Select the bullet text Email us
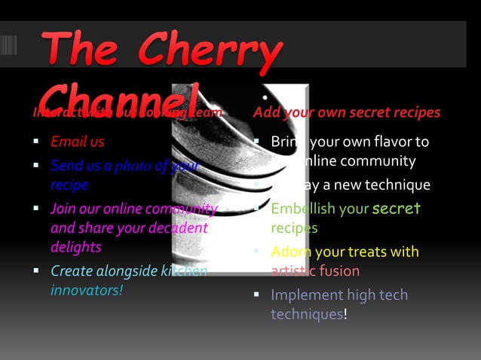pyautogui.click(x=78, y=142)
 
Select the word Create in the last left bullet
pyautogui.click(x=70, y=270)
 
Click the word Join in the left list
pyautogui.click(x=63, y=208)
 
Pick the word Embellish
pyautogui.click(x=297, y=209)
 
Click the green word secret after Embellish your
pyautogui.click(x=397, y=208)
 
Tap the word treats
pyautogui.click(x=373, y=252)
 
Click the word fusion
pyautogui.click(x=339, y=270)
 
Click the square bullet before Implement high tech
pyautogui.click(x=256, y=295)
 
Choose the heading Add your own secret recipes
pyautogui.click(x=347, y=112)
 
